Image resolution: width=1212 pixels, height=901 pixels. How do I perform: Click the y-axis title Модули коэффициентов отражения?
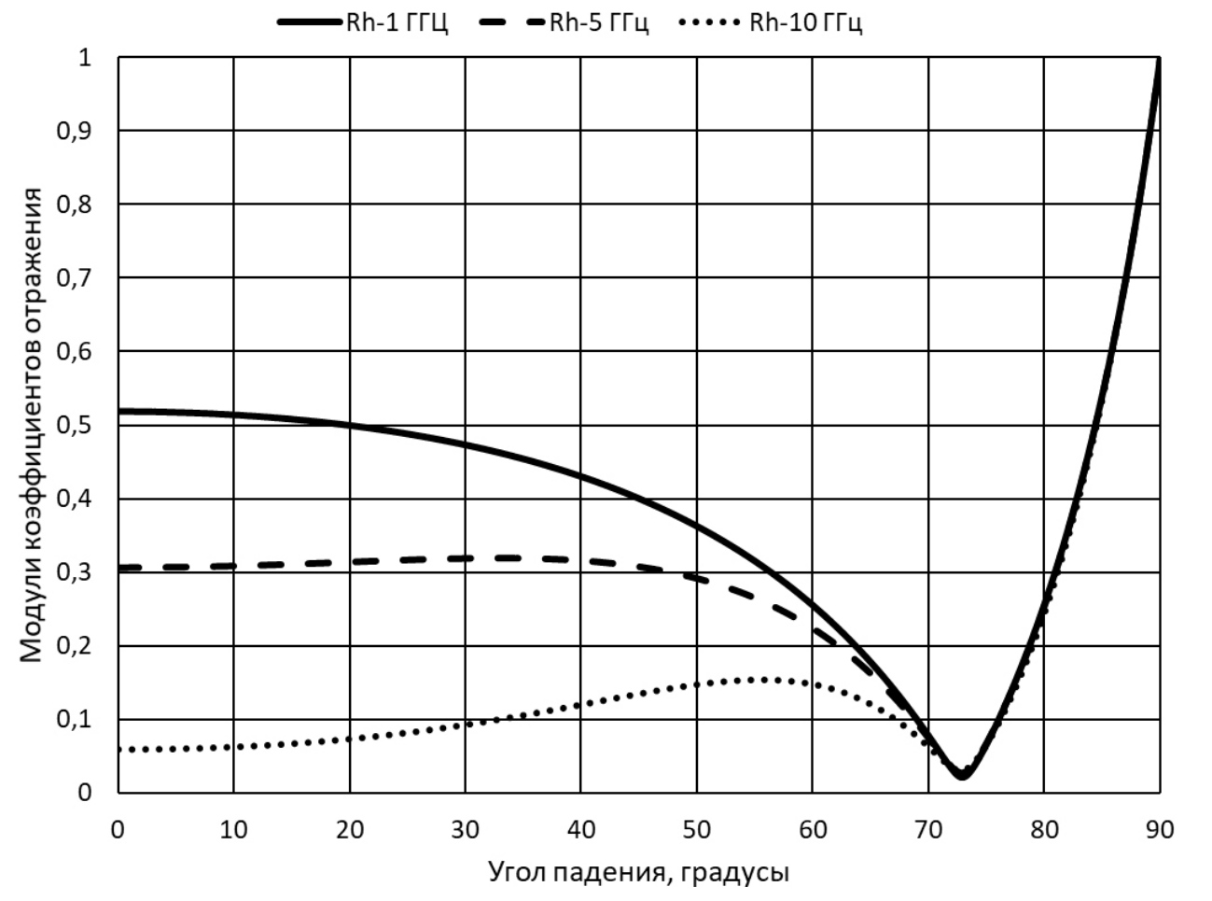click(33, 425)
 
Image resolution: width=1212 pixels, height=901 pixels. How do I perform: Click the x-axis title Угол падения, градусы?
click(638, 872)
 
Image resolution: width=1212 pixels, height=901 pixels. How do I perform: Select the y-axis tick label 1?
click(86, 58)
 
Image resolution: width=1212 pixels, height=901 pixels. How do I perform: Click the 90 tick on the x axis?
click(1160, 828)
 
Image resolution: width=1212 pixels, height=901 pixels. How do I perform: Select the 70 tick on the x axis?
click(928, 828)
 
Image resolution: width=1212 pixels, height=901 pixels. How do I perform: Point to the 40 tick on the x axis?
click(581, 828)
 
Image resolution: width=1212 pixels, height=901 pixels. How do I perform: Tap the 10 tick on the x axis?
click(234, 828)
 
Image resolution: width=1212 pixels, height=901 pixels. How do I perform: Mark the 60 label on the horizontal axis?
click(813, 828)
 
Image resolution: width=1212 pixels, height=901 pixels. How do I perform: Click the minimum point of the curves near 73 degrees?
click(962, 774)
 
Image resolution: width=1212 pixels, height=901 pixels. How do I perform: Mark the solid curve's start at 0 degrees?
click(119, 411)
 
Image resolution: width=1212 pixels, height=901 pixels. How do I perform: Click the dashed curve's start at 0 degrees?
click(120, 568)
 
